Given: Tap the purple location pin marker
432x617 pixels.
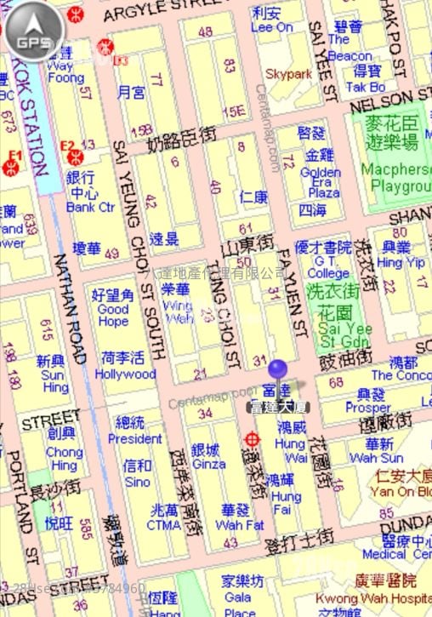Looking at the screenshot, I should [277, 371].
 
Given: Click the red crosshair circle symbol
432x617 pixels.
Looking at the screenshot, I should [251, 439].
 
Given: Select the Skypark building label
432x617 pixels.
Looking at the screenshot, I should [288, 75].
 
